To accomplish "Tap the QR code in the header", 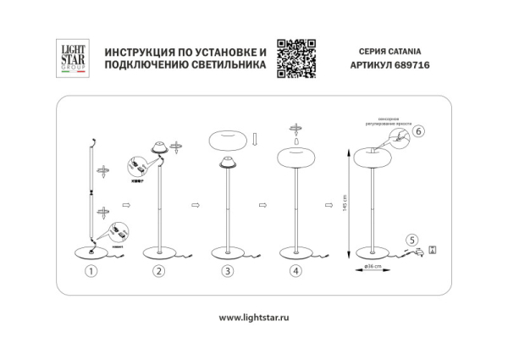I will tap(296, 58).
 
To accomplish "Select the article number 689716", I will tap(410, 68).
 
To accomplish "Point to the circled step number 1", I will tap(92, 272).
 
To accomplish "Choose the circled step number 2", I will tap(157, 272).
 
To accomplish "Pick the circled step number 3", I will tap(226, 272).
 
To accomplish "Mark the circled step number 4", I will tap(295, 272).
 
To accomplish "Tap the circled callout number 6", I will tap(419, 131).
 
